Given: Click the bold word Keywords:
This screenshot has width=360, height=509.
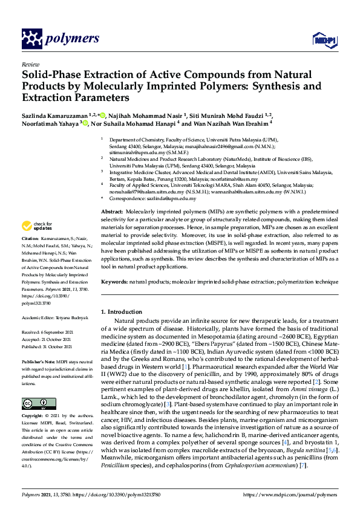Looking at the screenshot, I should tap(114, 282).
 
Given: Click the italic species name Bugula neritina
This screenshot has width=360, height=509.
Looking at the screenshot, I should tap(302, 450).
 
